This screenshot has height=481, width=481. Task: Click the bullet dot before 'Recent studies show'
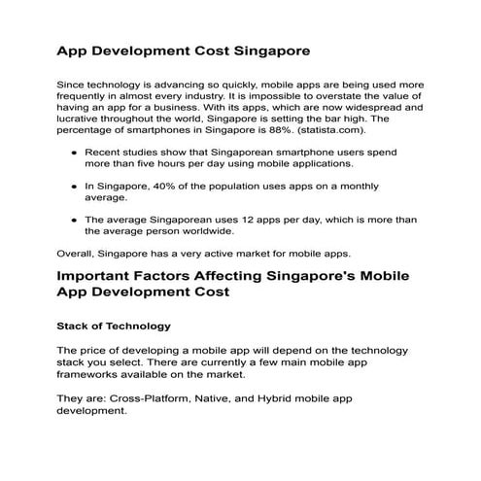click(x=74, y=153)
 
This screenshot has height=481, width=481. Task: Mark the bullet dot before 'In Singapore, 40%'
click(x=74, y=184)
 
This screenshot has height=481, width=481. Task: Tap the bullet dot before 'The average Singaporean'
click(x=74, y=219)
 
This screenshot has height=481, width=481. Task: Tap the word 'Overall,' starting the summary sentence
click(x=79, y=251)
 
